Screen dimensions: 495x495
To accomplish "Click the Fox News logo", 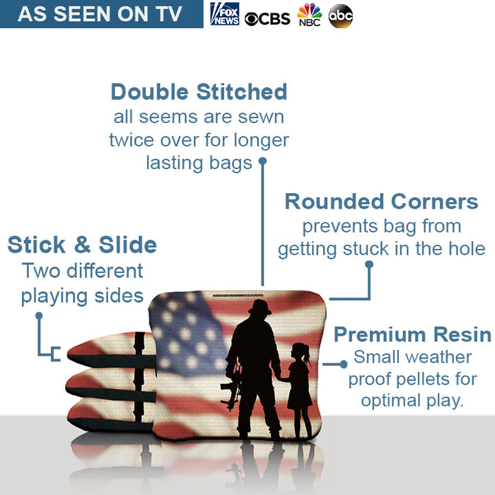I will [x=225, y=14].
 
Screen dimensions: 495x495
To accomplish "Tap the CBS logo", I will [x=267, y=17].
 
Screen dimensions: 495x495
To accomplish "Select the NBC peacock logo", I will [x=309, y=15].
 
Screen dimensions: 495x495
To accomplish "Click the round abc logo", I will [x=341, y=16].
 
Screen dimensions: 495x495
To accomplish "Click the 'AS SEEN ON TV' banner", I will [x=100, y=14].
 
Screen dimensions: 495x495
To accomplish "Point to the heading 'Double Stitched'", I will [x=199, y=92].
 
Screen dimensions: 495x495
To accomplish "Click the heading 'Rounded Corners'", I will [x=381, y=202].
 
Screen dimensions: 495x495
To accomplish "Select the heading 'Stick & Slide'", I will [x=82, y=245].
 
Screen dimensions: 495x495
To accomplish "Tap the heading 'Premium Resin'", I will [x=412, y=334].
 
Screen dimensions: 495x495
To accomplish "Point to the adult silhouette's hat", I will [x=260, y=307].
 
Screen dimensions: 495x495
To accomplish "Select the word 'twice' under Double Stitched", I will [x=132, y=140].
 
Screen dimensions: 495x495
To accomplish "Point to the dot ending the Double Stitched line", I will [x=262, y=161].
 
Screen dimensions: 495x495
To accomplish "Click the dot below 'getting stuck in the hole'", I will [x=368, y=264].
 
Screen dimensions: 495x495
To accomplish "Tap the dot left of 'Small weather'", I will [x=344, y=363].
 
